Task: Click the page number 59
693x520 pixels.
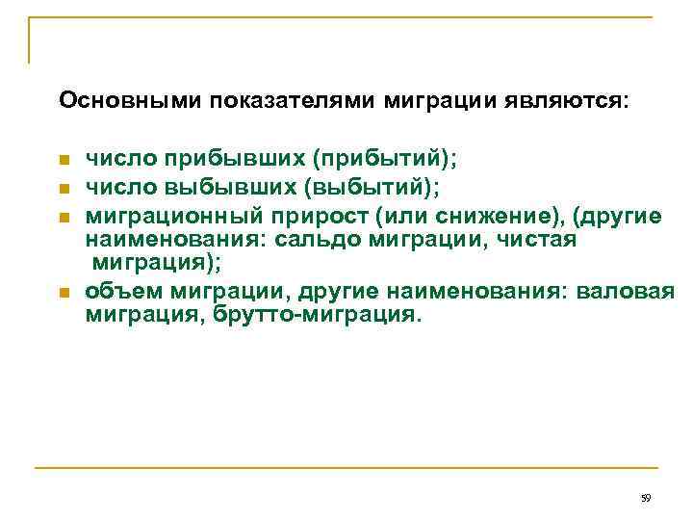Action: coord(645,498)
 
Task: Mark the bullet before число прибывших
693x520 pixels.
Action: coord(64,159)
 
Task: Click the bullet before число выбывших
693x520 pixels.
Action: coord(64,180)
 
